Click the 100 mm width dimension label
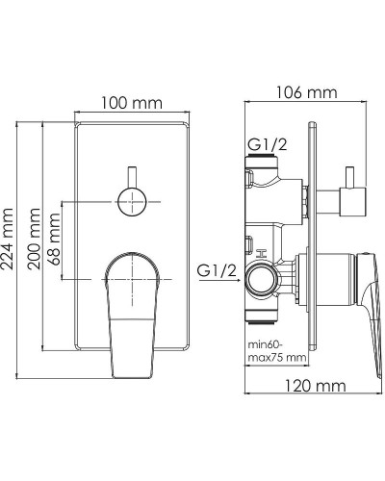[x=132, y=103]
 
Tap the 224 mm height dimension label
[x=7, y=239]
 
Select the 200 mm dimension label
[x=34, y=239]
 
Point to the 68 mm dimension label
[x=54, y=239]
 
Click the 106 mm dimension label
[x=307, y=92]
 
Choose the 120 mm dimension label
[x=316, y=386]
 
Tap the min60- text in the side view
[x=266, y=345]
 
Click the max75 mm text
[x=277, y=357]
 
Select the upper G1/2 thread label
[x=268, y=145]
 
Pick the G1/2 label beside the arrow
[x=217, y=271]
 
